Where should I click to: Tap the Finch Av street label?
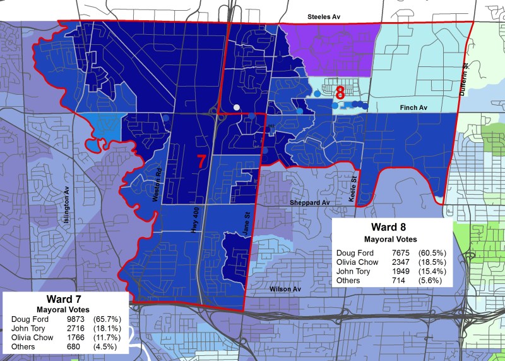414,109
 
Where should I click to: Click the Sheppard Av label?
310,203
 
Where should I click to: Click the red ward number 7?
201,162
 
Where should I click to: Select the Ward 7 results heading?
65,299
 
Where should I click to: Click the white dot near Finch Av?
236,107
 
